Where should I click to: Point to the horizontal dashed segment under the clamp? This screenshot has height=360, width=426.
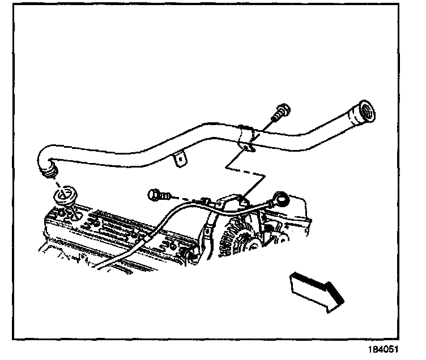point(243,169)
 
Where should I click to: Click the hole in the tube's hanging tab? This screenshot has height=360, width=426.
point(179,160)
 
